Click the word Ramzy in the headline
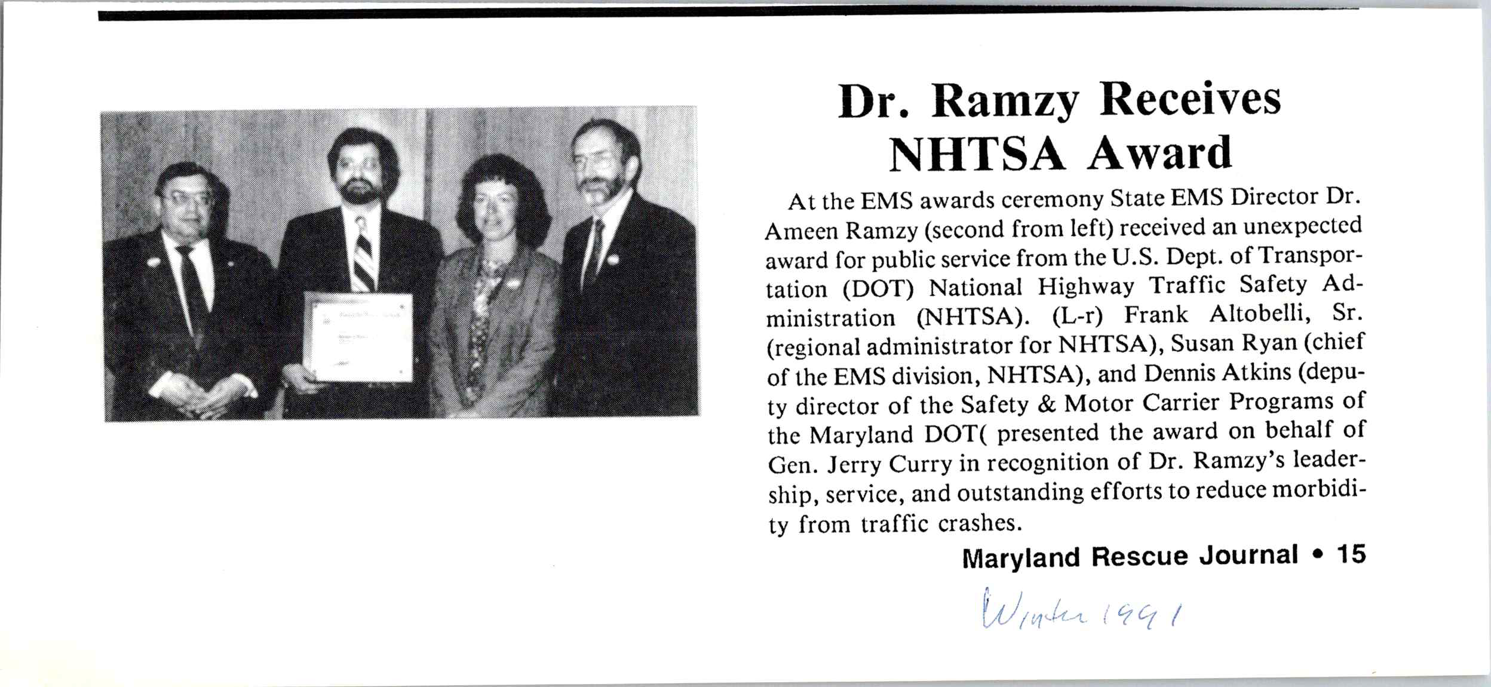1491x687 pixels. [x=1005, y=102]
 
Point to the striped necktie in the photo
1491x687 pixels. [x=363, y=257]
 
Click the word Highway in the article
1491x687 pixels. [x=1085, y=287]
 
